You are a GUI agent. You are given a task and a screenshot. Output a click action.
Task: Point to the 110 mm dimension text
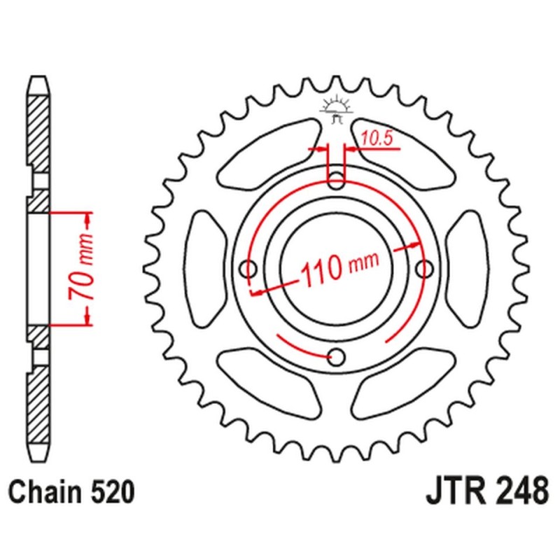[339, 267]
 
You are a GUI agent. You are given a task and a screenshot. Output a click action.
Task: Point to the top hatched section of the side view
[39, 133]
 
